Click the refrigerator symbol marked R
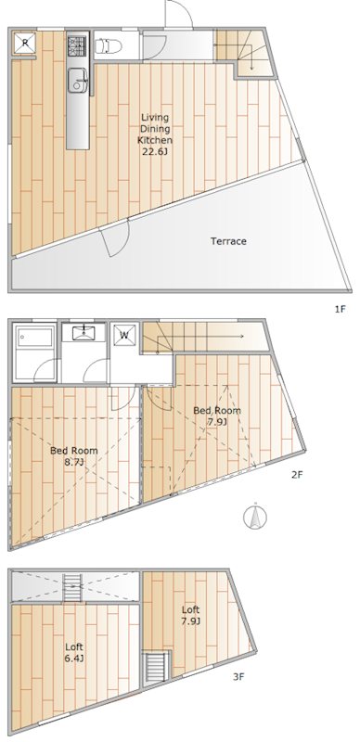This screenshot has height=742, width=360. (x=25, y=44)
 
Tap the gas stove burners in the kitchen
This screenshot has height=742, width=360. (x=77, y=45)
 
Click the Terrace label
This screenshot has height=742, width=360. (x=228, y=241)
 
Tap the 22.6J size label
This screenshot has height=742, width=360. (x=155, y=152)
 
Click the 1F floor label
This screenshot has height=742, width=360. (x=341, y=308)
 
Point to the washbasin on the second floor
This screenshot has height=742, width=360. (x=84, y=334)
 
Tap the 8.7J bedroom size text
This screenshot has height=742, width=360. (x=74, y=462)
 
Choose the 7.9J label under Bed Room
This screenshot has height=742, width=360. (x=218, y=422)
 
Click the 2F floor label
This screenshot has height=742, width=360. (x=297, y=475)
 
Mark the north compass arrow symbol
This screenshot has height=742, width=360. (x=251, y=517)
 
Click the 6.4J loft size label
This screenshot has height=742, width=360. (x=75, y=658)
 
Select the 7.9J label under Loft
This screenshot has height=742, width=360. (x=190, y=620)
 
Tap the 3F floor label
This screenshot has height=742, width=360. (x=238, y=676)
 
